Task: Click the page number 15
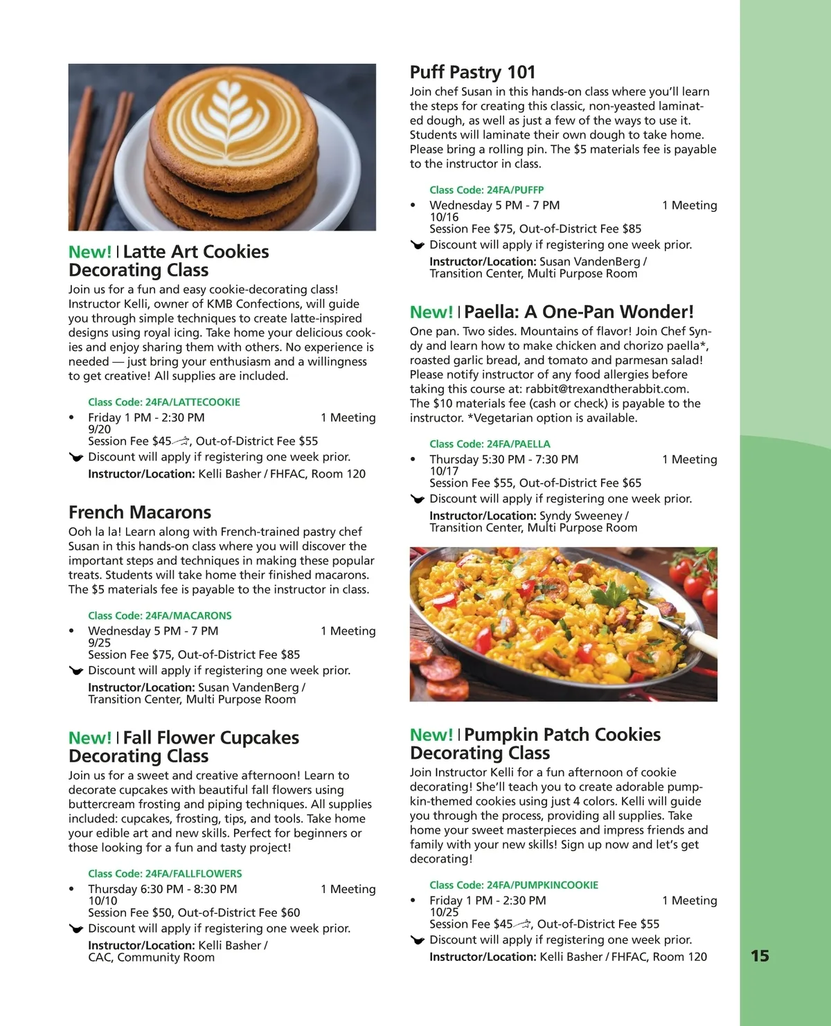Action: point(760,956)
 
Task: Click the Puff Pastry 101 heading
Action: point(472,72)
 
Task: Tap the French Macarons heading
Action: point(140,512)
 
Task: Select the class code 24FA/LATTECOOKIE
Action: point(164,402)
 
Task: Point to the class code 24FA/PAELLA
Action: point(490,444)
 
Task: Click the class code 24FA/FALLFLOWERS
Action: point(165,874)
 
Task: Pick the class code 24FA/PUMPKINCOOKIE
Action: point(514,885)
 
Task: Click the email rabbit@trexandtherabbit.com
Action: point(607,389)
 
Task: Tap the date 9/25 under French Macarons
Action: point(99,642)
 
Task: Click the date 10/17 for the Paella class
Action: point(444,471)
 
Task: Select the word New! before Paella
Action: point(431,312)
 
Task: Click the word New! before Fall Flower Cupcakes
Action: point(89,738)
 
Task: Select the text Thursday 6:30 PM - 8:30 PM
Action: point(162,889)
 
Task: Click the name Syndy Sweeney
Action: point(581,516)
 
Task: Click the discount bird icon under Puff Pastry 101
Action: point(417,245)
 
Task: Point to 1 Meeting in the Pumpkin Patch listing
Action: point(689,901)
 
